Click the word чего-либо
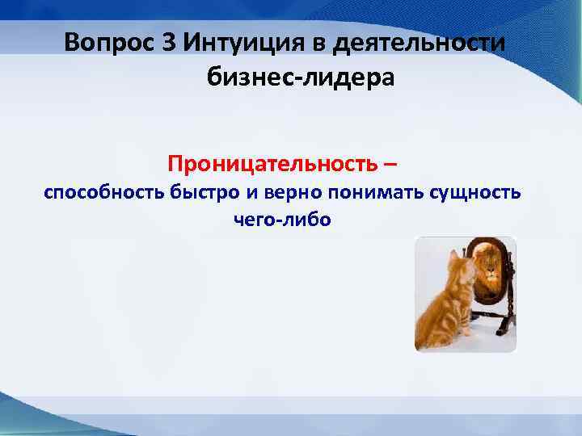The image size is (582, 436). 282,220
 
